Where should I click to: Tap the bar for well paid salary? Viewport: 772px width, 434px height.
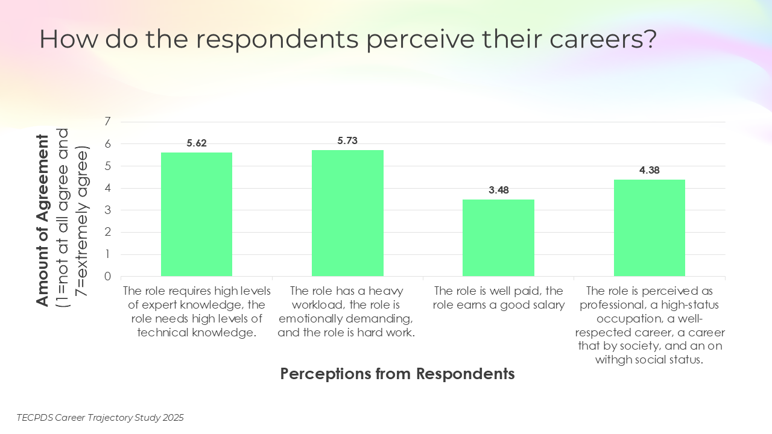tap(499, 237)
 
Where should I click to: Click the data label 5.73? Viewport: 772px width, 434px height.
tap(347, 140)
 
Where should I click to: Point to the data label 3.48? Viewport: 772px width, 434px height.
tap(499, 190)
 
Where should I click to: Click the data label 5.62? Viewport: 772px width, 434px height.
tap(197, 143)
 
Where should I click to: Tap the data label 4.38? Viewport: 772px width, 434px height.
tap(650, 170)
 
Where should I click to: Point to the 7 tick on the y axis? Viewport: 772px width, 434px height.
tap(108, 122)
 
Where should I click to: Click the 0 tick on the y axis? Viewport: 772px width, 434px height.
tap(108, 277)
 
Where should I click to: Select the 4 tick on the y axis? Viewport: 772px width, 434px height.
tap(108, 188)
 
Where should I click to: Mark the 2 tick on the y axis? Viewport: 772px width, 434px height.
tap(108, 233)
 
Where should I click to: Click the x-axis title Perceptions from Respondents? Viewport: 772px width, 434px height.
tap(397, 374)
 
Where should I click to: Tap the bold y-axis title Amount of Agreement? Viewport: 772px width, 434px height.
tap(42, 220)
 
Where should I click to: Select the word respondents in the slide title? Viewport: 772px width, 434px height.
tap(277, 40)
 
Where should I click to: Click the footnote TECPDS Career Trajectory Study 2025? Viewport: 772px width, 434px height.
tap(100, 417)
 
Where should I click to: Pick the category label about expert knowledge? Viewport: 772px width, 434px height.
tap(197, 312)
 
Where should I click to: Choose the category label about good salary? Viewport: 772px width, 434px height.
tap(499, 298)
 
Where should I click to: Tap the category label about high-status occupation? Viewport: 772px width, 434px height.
tap(650, 325)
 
